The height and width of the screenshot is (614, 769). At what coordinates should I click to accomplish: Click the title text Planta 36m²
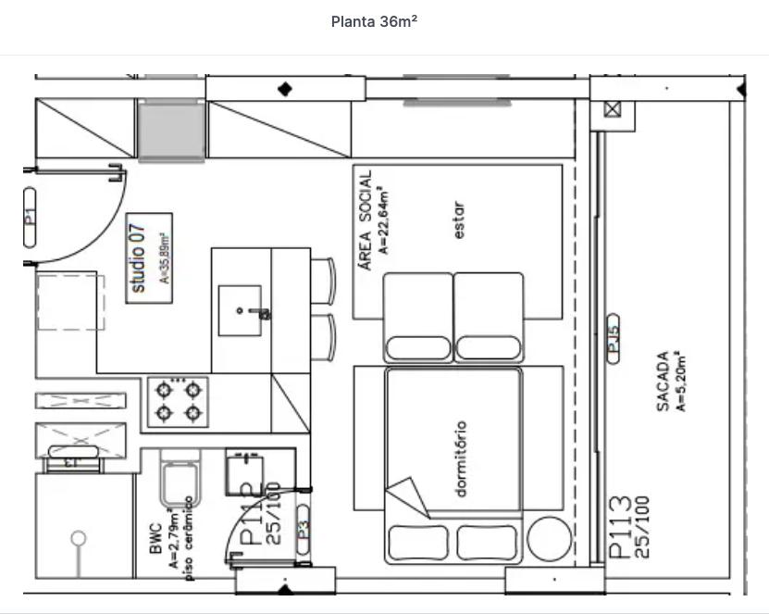click(x=374, y=21)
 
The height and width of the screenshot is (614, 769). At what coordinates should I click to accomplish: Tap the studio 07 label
click(x=138, y=258)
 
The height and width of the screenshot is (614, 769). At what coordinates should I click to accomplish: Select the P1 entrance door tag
click(x=30, y=217)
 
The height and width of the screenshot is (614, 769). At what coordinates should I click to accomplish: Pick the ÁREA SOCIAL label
click(x=366, y=219)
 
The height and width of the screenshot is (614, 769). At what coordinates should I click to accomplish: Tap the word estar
click(x=460, y=221)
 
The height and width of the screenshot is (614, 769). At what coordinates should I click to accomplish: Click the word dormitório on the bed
click(x=461, y=459)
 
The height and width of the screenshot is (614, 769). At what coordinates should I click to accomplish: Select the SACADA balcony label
click(x=663, y=381)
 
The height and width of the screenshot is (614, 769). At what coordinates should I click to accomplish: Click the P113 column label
click(x=621, y=527)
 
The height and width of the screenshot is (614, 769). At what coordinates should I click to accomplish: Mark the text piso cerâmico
click(x=189, y=539)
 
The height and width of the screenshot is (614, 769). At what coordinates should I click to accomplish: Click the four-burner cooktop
click(x=178, y=401)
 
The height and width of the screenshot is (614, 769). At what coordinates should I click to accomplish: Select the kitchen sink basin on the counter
click(x=240, y=310)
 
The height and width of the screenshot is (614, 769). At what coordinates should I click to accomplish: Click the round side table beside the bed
click(x=549, y=537)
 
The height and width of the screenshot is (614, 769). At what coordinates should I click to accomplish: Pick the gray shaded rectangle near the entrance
click(x=171, y=132)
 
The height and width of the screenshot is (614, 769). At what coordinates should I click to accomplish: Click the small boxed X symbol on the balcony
click(x=613, y=109)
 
